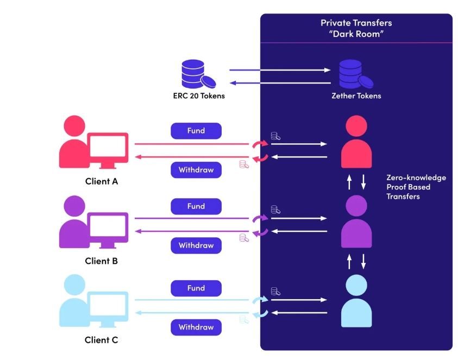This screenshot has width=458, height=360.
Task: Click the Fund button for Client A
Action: (x=196, y=131)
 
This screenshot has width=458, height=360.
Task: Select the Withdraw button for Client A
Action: (x=196, y=170)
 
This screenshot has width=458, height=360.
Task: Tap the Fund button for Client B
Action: (x=196, y=206)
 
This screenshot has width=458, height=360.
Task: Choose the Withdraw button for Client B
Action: (x=196, y=245)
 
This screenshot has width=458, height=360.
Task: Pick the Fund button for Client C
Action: (x=196, y=288)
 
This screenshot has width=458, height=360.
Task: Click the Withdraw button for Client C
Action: (x=196, y=327)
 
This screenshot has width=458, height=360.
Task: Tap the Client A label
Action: (x=102, y=182)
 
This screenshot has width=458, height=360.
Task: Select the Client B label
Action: (x=102, y=261)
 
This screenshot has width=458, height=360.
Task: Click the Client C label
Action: (x=102, y=340)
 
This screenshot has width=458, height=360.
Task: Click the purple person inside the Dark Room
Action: (x=356, y=223)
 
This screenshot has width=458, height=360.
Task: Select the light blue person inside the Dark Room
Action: (x=356, y=302)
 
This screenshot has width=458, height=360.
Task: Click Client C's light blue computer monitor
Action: (x=109, y=307)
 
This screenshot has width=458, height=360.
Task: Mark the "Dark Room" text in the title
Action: (x=356, y=33)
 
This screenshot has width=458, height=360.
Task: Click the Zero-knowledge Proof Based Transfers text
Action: (x=416, y=187)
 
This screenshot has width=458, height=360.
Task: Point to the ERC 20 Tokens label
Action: (x=196, y=96)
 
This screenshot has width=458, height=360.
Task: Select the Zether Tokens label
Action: (x=356, y=96)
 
